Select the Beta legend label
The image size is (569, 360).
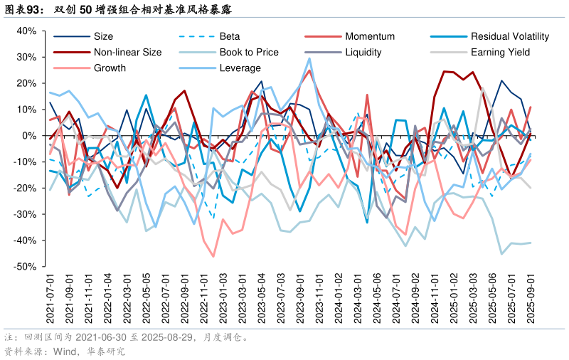(x=229, y=36)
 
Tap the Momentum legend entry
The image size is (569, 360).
(x=369, y=36)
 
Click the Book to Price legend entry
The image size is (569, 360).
(x=248, y=52)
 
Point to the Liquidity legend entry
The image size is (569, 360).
(x=363, y=52)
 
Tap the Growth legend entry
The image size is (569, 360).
(x=110, y=68)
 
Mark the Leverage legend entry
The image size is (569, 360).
(x=240, y=68)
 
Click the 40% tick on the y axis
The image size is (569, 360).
(x=26, y=31)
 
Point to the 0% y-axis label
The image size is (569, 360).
(x=29, y=136)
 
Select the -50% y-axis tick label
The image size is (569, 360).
(x=25, y=267)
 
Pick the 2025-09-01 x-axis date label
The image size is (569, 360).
(x=531, y=300)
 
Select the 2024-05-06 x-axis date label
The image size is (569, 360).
(x=377, y=300)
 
